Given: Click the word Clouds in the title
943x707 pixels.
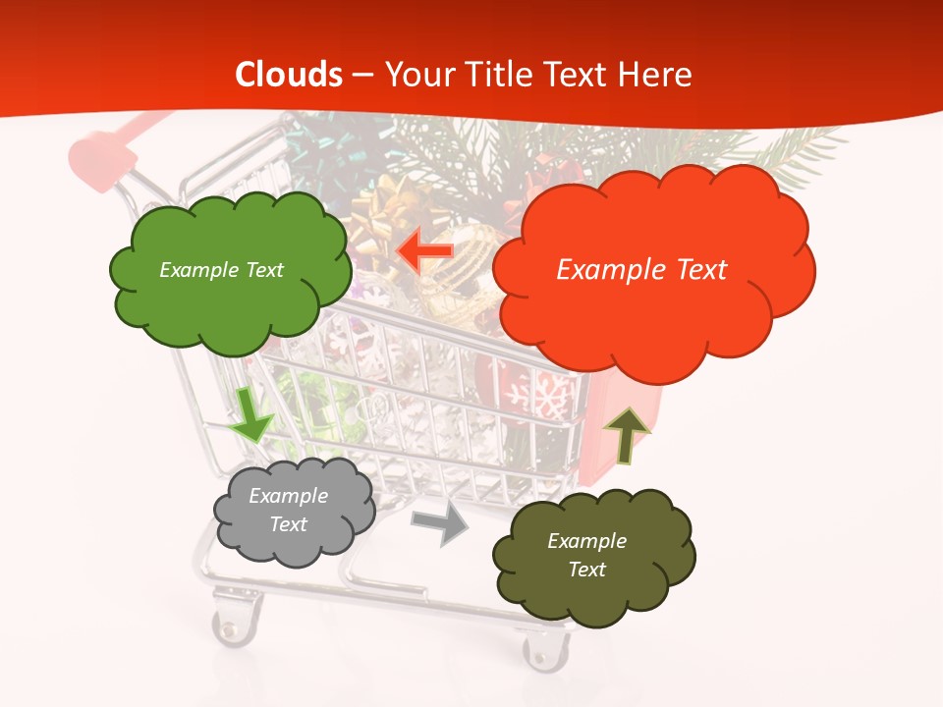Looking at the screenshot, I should click(289, 75).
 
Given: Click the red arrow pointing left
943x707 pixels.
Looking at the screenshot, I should click(424, 252).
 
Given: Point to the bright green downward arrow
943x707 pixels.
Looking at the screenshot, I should click(251, 414).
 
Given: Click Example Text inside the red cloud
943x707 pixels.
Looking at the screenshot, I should click(641, 270).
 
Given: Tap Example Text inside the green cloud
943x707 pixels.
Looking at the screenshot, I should click(221, 270).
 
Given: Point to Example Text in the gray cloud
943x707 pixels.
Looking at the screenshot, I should click(289, 511).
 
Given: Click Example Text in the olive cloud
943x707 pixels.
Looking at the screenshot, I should click(586, 556).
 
